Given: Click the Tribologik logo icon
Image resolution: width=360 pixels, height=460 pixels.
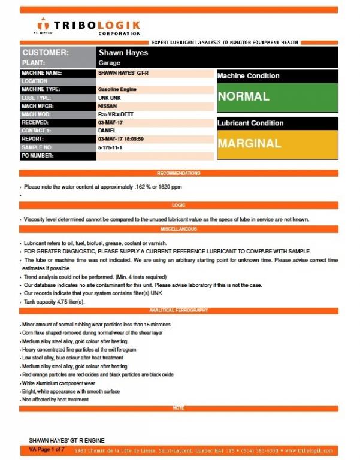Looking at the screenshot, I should (41, 26).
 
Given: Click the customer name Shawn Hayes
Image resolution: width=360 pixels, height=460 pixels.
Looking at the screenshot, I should (123, 53).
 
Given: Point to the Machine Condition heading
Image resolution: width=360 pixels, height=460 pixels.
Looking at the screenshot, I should (248, 76).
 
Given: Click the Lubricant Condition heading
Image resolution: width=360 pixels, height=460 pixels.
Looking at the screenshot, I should (250, 123).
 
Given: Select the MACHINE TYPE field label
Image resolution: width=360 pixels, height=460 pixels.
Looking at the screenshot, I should (41, 89).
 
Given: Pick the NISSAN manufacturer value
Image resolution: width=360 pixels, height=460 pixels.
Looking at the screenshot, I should (108, 105).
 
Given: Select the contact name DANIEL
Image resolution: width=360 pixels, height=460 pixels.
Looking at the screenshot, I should (108, 131).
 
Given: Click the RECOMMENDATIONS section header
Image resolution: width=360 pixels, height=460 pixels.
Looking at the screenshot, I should (179, 173).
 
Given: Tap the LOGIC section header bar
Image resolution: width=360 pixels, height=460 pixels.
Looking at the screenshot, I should (179, 205).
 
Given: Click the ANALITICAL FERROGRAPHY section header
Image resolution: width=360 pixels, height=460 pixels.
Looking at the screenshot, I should (179, 310).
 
